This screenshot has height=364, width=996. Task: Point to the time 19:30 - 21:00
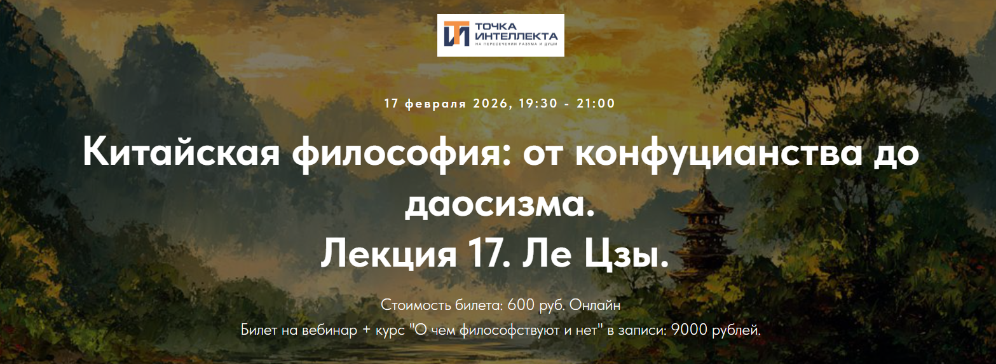pos(567,103)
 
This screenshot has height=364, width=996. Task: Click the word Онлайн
pos(595,305)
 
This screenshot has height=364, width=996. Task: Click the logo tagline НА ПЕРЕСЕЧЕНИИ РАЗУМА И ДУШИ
pos(515,45)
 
